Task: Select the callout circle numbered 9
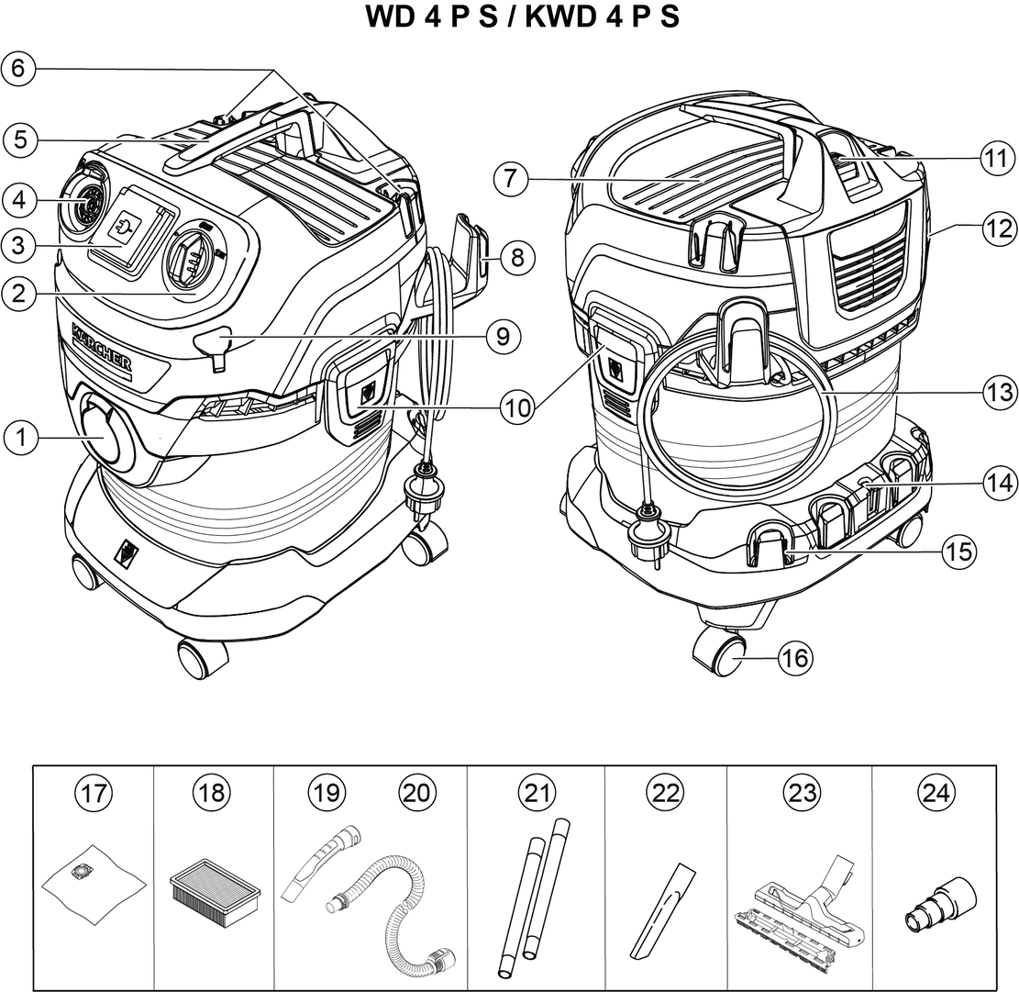pyautogui.click(x=503, y=337)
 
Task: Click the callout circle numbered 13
pyautogui.click(x=999, y=393)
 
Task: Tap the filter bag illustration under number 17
pyautogui.click(x=94, y=883)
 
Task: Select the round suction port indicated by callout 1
pyautogui.click(x=105, y=433)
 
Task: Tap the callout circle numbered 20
pyautogui.click(x=416, y=792)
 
